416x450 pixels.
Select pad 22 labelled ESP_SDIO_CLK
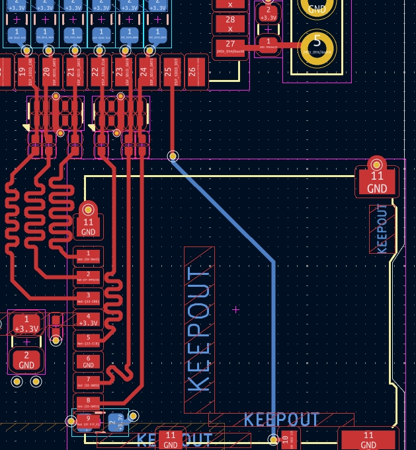[95, 73]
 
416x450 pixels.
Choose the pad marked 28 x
[230, 24]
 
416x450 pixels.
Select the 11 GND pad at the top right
[376, 180]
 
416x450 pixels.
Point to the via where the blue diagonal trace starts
[173, 157]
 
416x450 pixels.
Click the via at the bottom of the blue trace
[273, 439]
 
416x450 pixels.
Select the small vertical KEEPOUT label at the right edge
[382, 229]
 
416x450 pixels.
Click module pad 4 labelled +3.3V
[88, 320]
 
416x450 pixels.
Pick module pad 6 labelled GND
[88, 361]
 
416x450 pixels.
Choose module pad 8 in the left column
[88, 402]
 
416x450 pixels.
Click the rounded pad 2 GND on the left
[26, 361]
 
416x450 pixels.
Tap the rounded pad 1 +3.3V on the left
[26, 324]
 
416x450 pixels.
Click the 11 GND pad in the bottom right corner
[368, 439]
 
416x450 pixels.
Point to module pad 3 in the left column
[88, 299]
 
